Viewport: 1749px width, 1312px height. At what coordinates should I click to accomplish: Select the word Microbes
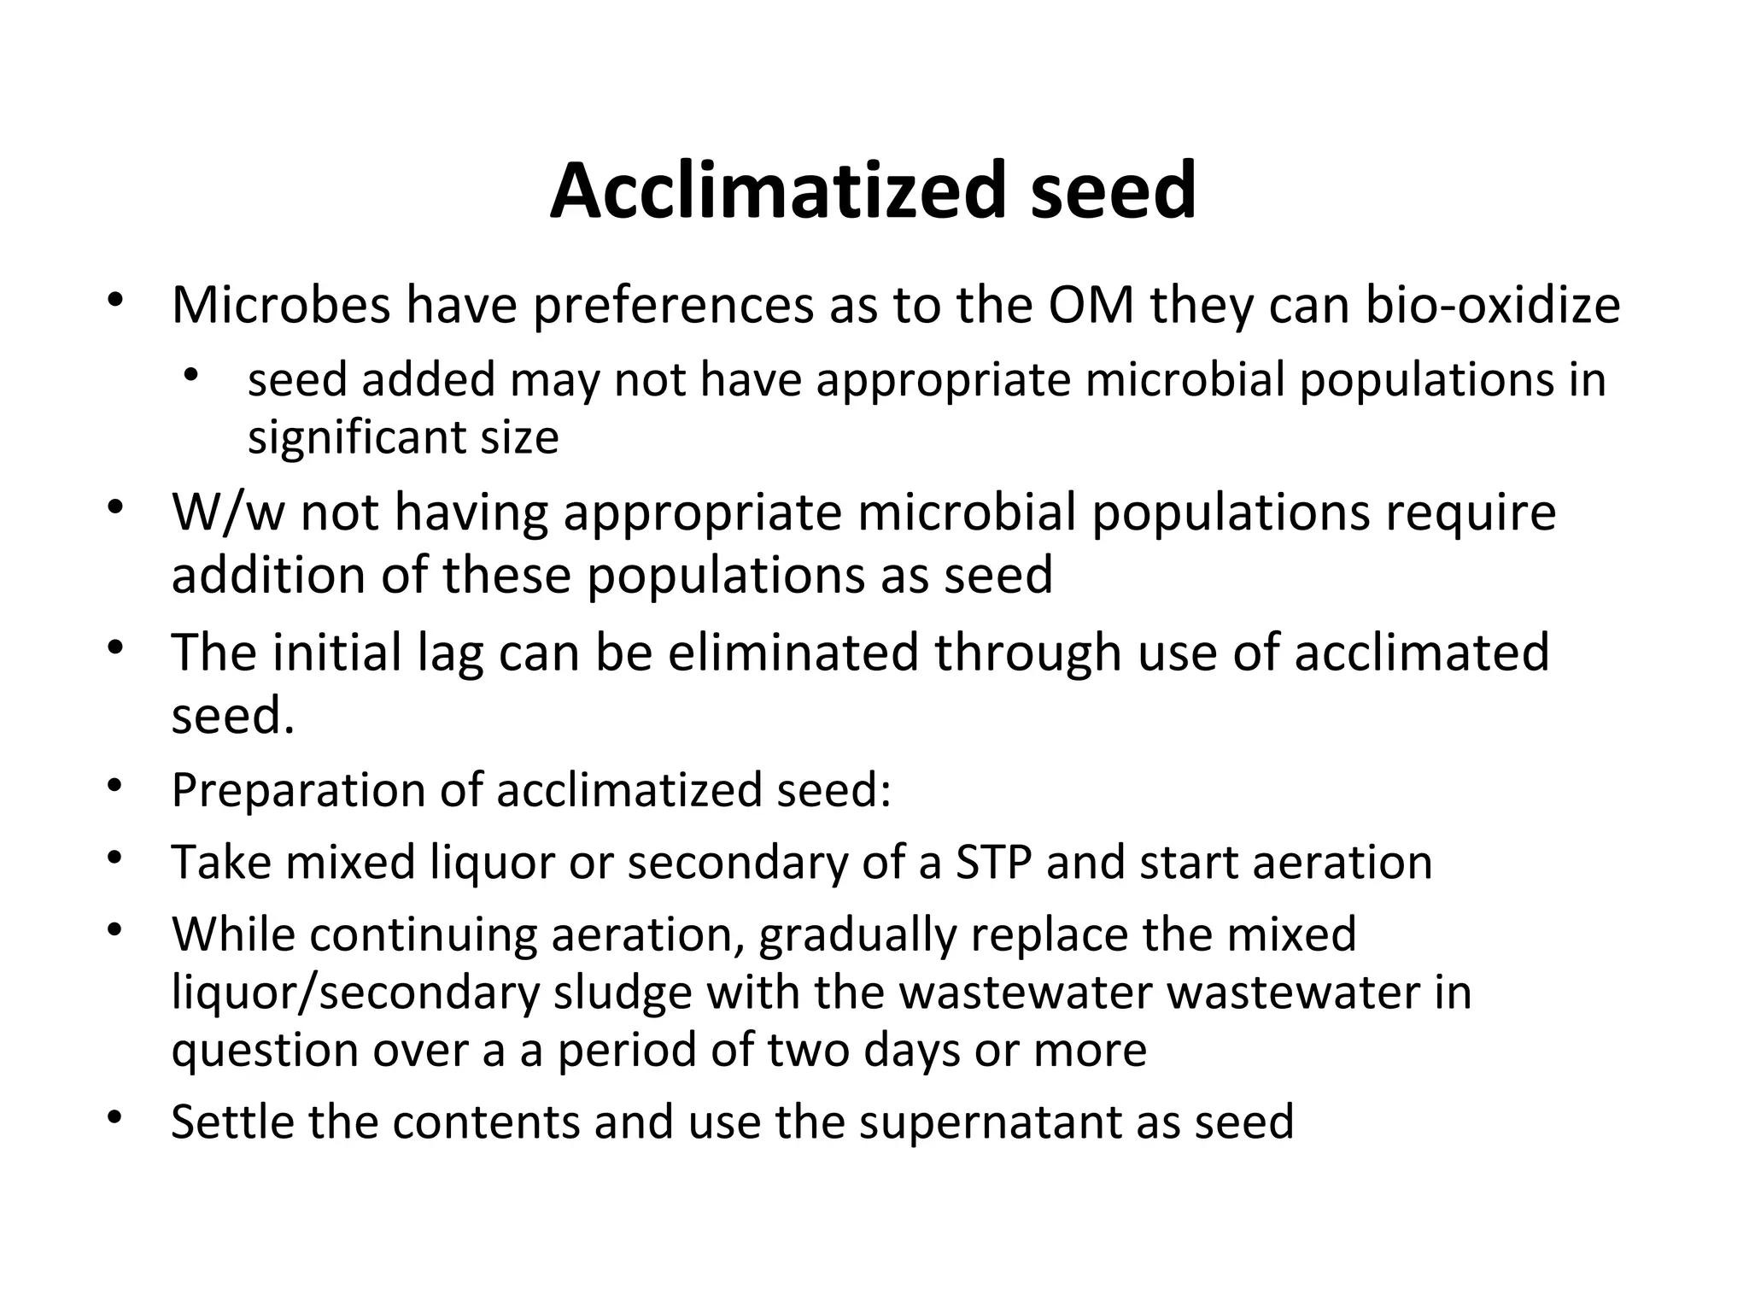[x=281, y=305]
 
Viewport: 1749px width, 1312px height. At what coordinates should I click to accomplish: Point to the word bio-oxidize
[x=1492, y=305]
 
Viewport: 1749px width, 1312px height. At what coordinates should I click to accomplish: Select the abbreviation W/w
[x=228, y=512]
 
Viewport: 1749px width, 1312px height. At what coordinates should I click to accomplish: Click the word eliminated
[x=793, y=653]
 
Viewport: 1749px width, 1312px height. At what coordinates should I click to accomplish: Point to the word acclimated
[x=1421, y=653]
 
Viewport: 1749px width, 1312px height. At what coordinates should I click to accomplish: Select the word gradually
[x=856, y=934]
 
